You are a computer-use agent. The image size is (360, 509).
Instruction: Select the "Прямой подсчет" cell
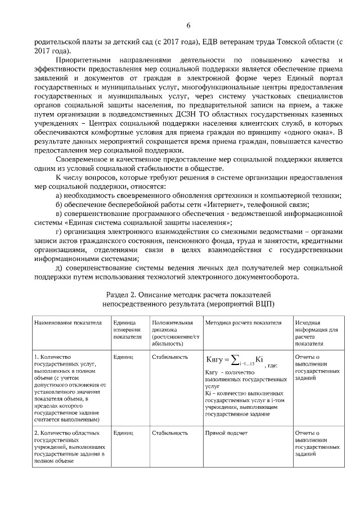pos(223,433)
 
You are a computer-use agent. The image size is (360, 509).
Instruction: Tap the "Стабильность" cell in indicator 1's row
pos(169,357)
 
